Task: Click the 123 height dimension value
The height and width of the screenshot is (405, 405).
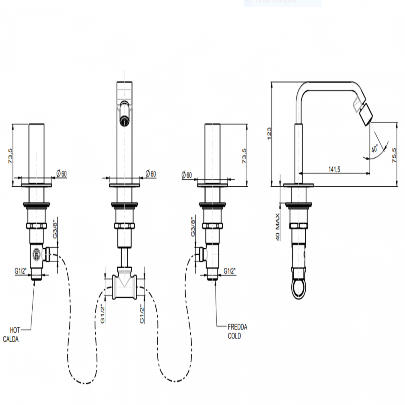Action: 269,133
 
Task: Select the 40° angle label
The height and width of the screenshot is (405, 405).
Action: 374,148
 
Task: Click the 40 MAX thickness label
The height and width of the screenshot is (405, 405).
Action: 278,226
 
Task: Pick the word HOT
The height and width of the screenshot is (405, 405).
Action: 15,330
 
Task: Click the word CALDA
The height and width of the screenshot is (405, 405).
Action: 11,339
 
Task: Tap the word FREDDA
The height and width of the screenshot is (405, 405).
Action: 237,327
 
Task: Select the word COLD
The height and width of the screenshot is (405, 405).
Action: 234,336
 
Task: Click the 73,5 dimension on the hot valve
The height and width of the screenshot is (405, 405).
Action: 11,156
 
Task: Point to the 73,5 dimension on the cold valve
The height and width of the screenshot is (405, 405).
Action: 244,155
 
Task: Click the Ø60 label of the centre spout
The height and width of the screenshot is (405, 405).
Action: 151,174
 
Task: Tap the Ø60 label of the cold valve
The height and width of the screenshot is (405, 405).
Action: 187,175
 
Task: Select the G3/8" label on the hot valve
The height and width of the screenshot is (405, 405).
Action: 55,229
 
